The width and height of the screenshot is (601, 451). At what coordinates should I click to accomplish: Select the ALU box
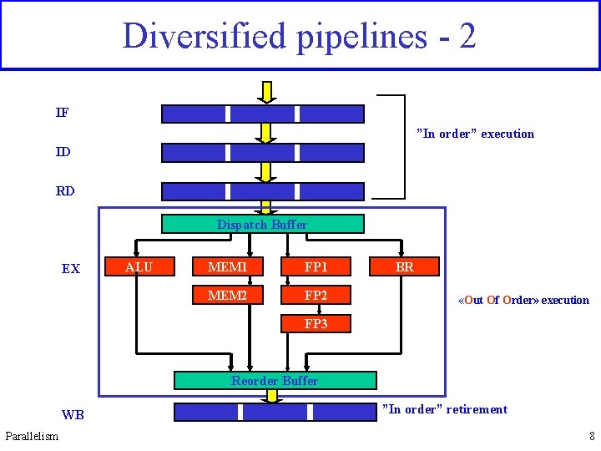tap(139, 266)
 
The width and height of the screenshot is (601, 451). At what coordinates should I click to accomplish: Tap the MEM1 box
tap(228, 266)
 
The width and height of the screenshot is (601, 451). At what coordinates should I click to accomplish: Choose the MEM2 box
tap(228, 295)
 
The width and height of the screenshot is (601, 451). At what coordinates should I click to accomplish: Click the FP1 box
tap(316, 266)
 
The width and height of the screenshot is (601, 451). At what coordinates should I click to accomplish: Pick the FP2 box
tap(316, 295)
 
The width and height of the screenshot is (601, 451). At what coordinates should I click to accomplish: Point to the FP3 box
tap(316, 323)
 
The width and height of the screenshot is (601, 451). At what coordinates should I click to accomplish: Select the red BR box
tap(404, 266)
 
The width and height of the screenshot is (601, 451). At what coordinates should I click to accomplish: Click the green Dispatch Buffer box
tap(262, 224)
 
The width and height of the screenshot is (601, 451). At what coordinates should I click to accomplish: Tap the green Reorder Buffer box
tap(275, 381)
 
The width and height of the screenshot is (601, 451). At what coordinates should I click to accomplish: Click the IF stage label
tap(63, 113)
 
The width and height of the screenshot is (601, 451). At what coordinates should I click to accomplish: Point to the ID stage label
tap(63, 152)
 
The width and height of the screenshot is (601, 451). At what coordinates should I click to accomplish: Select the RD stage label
tap(65, 190)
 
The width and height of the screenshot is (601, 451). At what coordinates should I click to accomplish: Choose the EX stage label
tap(71, 269)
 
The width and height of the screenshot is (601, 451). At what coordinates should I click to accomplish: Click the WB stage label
tap(73, 415)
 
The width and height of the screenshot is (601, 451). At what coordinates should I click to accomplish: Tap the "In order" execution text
tap(475, 134)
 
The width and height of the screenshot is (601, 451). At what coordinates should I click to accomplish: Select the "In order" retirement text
tap(444, 409)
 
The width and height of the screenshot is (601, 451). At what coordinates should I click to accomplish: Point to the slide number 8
tap(592, 436)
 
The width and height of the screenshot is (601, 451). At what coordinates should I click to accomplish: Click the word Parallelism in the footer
tap(32, 436)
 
